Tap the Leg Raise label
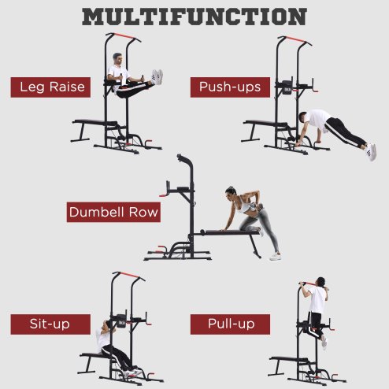(47, 87)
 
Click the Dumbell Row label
(114, 212)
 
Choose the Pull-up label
(230, 324)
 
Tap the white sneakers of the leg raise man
(157, 76)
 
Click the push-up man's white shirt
(318, 119)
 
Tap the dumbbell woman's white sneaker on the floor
(275, 256)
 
